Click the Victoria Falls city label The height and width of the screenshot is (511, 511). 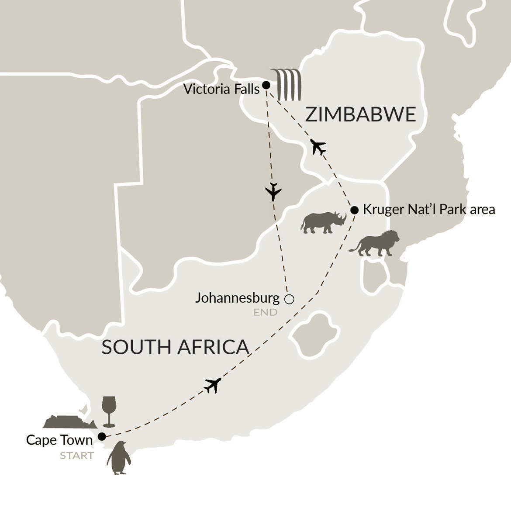pyautogui.click(x=221, y=89)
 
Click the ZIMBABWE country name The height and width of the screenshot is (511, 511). pyautogui.click(x=360, y=114)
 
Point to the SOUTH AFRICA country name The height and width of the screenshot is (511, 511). pyautogui.click(x=175, y=347)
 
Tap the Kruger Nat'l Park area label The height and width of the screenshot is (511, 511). pyautogui.click(x=429, y=210)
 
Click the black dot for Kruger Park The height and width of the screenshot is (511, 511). pyautogui.click(x=355, y=209)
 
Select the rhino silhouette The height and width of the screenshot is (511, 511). pyautogui.click(x=324, y=223)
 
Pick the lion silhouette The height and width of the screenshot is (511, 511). pyautogui.click(x=374, y=243)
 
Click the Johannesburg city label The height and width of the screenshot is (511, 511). pyautogui.click(x=237, y=298)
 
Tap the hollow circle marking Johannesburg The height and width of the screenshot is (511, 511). pyautogui.click(x=289, y=299)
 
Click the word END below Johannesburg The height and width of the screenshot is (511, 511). pyautogui.click(x=265, y=312)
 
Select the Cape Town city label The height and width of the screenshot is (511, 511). pyautogui.click(x=59, y=440)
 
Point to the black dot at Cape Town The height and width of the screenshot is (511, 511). pyautogui.click(x=102, y=436)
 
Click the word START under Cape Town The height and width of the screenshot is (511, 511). pyautogui.click(x=77, y=456)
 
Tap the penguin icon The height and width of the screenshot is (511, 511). pyautogui.click(x=118, y=458)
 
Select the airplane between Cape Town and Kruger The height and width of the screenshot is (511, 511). pyautogui.click(x=213, y=385)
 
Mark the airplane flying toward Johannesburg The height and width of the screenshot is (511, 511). pyautogui.click(x=273, y=192)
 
